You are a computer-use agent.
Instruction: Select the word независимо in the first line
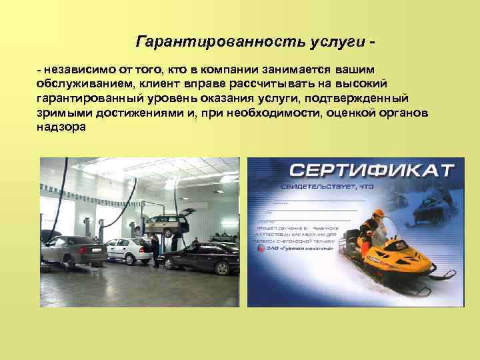[x=76, y=70]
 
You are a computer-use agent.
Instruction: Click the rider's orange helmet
[x=378, y=215]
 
